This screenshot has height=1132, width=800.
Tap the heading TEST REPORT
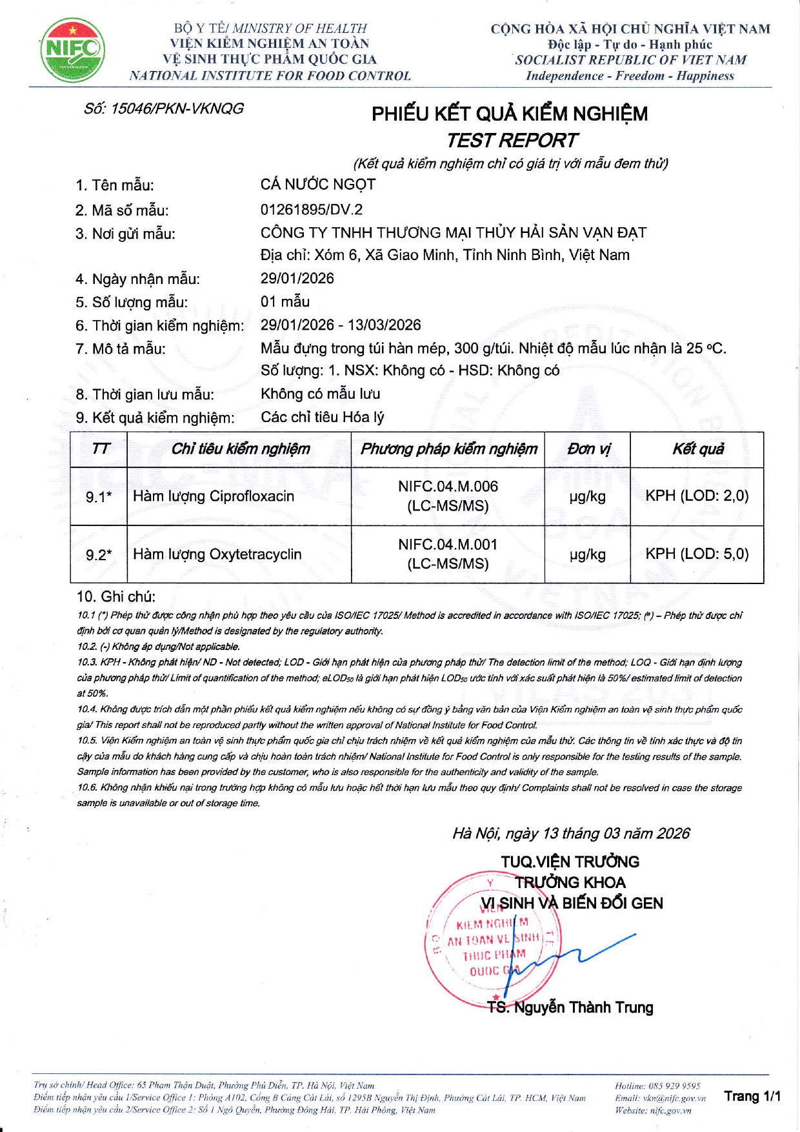coord(512,140)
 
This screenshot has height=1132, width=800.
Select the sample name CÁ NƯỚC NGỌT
coord(317,185)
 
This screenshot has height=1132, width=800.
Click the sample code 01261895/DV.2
coord(312,209)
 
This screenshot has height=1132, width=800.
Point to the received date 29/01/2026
coord(297,278)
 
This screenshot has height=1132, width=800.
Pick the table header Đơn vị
coord(588,449)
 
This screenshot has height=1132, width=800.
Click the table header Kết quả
coord(698,449)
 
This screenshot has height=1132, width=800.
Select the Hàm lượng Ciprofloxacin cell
coord(214,496)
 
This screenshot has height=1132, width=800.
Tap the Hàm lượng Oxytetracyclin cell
coord(217,554)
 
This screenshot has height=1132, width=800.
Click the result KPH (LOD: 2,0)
coord(697,496)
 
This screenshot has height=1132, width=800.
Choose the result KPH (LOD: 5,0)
coord(697,554)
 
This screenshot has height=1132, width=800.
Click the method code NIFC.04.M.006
coord(448,487)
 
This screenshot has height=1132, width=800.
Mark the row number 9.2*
coord(99,555)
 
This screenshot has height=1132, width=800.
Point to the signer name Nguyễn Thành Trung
coord(583,1007)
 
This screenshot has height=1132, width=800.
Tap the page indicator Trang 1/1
coord(752,1096)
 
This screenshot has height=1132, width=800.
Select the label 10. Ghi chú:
coord(116,596)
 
